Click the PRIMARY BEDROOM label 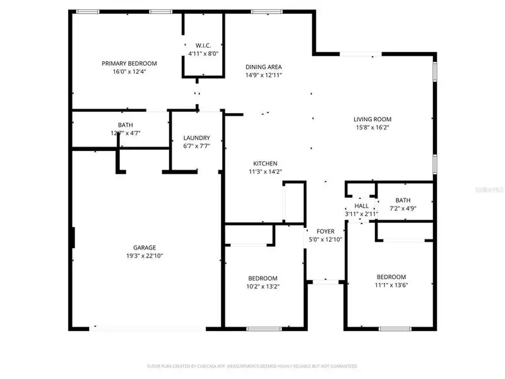129,63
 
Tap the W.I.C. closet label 203,45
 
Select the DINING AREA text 264,67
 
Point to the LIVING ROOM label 372,119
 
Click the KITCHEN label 266,164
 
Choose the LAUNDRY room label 196,138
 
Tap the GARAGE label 144,248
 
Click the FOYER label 325,231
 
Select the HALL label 362,206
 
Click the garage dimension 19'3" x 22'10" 144,256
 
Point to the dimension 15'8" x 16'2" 372,128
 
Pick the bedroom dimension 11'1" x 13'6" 391,285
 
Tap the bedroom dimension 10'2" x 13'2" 262,287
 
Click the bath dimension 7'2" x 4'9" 403,208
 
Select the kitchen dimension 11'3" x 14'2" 266,172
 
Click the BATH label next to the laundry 125,125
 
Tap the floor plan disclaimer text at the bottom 252,366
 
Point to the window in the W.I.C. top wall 203,11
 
